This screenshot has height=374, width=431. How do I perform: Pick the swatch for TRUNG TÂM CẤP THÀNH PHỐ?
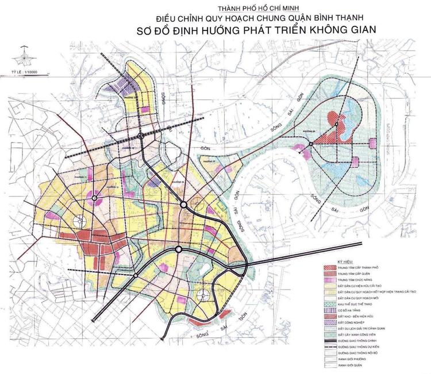click(x=329, y=267)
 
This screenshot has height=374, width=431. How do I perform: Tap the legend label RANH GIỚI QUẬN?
click(x=352, y=365)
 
